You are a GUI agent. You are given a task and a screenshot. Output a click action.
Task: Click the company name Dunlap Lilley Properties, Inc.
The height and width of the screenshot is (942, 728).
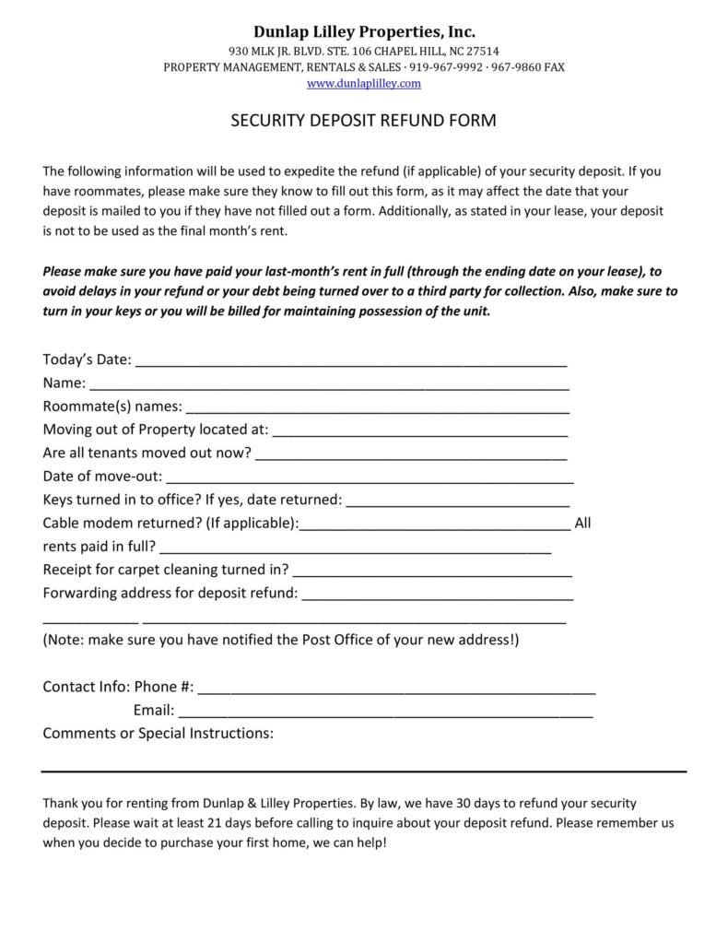tap(364, 32)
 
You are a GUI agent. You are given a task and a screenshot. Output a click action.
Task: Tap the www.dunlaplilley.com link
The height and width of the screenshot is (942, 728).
tap(364, 83)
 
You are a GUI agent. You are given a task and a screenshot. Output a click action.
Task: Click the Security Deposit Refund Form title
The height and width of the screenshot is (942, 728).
tap(363, 121)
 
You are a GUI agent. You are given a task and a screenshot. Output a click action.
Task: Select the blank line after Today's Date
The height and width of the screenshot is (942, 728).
tap(350, 362)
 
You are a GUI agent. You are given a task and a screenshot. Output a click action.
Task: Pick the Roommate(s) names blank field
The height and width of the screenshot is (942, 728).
tap(377, 409)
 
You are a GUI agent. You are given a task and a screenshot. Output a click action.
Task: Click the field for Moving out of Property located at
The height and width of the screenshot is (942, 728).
tap(420, 432)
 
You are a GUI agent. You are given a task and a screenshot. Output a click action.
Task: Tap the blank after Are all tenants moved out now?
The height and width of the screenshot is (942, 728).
tap(411, 455)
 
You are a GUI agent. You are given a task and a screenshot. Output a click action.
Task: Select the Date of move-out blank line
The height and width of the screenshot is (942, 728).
tap(370, 479)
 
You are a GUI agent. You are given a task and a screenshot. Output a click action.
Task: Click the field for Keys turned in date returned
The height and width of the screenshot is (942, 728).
tap(457, 503)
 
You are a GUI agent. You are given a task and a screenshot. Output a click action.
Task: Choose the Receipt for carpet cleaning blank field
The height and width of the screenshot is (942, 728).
tap(432, 572)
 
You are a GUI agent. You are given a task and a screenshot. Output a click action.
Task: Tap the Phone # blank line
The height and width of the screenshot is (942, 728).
tap(396, 689)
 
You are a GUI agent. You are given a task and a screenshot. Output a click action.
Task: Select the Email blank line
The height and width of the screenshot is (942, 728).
tap(385, 713)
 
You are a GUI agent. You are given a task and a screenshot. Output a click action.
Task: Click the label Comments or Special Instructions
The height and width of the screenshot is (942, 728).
tap(158, 734)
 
